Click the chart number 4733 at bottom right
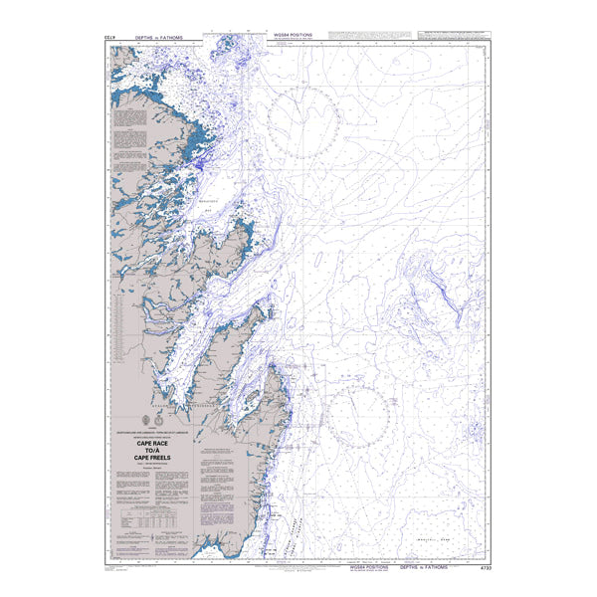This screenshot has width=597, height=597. pos(485,568)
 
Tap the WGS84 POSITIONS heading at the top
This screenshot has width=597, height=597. pos(293,35)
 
